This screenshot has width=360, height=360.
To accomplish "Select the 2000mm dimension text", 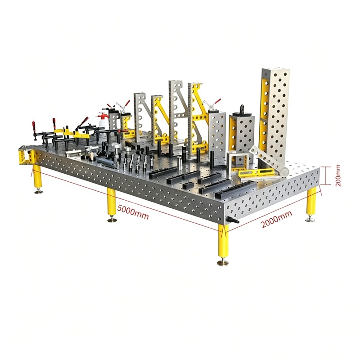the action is (x=277, y=219).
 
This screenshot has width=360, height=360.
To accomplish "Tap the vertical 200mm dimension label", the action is (x=338, y=175).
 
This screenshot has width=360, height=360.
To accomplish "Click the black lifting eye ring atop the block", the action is (x=242, y=108).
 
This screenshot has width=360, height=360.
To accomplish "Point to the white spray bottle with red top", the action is (x=102, y=120).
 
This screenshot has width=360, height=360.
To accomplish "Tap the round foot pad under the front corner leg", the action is (x=222, y=263).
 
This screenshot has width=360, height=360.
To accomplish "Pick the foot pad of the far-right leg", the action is (x=310, y=220).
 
